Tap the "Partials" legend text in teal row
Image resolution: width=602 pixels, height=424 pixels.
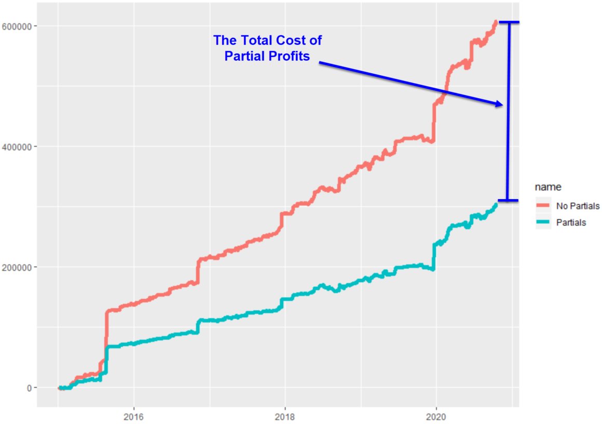(x=571, y=222)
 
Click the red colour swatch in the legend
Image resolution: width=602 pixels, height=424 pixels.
(x=542, y=206)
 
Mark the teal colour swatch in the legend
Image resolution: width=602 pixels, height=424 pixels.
(x=542, y=222)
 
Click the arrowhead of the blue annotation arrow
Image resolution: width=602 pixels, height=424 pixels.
(x=500, y=104)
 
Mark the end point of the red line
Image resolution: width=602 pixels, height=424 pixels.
(x=496, y=22)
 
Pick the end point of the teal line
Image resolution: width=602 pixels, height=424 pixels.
(x=496, y=204)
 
